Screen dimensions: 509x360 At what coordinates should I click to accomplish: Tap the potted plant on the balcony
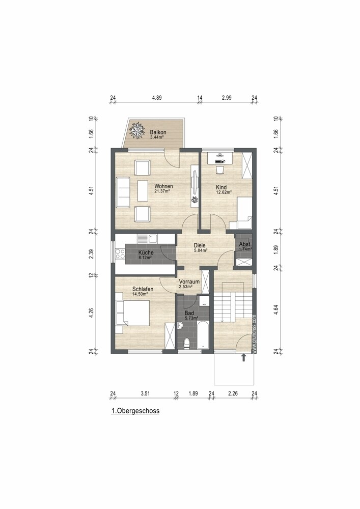137,131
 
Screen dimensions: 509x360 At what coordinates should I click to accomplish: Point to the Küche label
146,252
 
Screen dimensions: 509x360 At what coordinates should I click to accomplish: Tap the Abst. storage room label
245,245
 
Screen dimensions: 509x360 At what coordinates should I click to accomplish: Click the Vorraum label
189,281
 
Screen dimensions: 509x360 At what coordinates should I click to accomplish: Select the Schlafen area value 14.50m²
140,294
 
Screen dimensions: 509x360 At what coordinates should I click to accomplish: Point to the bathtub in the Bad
203,334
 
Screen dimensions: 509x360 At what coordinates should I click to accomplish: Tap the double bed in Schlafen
134,313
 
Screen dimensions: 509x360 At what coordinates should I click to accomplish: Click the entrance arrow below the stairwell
243,358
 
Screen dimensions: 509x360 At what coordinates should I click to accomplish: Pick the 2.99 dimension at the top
227,98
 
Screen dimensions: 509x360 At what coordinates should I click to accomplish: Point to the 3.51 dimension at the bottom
145,393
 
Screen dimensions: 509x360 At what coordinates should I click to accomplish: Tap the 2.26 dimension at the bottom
233,393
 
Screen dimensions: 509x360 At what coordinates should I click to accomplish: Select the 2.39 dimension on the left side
92,254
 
